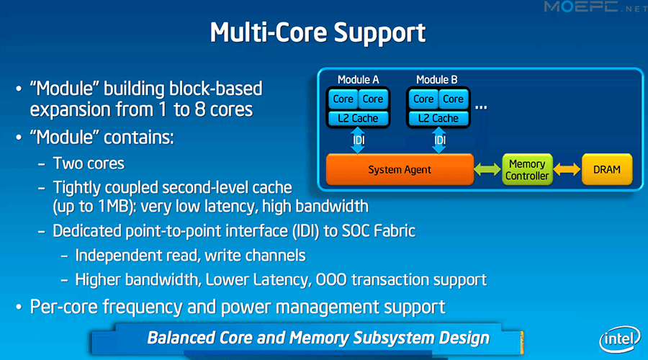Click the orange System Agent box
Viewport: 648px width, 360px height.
400,169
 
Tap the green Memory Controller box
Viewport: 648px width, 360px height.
527,169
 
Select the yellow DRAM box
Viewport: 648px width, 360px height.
607,169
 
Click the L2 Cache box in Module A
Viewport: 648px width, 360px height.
358,118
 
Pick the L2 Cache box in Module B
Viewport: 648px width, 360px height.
438,118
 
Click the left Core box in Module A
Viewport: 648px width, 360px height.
343,99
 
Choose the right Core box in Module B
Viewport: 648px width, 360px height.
453,99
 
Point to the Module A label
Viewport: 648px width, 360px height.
358,79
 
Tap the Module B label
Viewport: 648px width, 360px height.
436,79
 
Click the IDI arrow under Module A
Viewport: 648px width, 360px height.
358,140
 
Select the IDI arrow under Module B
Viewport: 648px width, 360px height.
439,140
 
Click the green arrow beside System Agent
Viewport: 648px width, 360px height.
487,169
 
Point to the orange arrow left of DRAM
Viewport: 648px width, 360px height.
567,169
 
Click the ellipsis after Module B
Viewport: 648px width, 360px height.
481,108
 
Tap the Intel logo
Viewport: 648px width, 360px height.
619,339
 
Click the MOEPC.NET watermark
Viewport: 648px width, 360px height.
595,7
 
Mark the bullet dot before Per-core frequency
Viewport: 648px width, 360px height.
19,307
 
